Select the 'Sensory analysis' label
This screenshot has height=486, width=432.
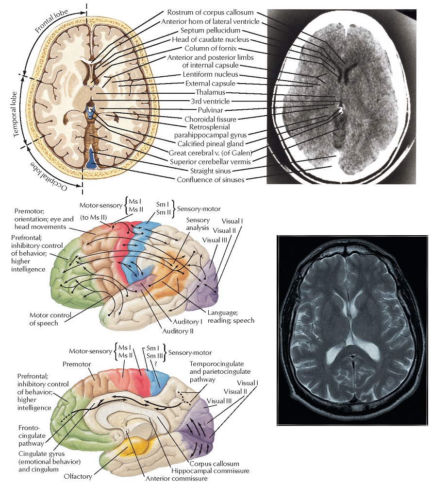(x=198, y=224)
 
